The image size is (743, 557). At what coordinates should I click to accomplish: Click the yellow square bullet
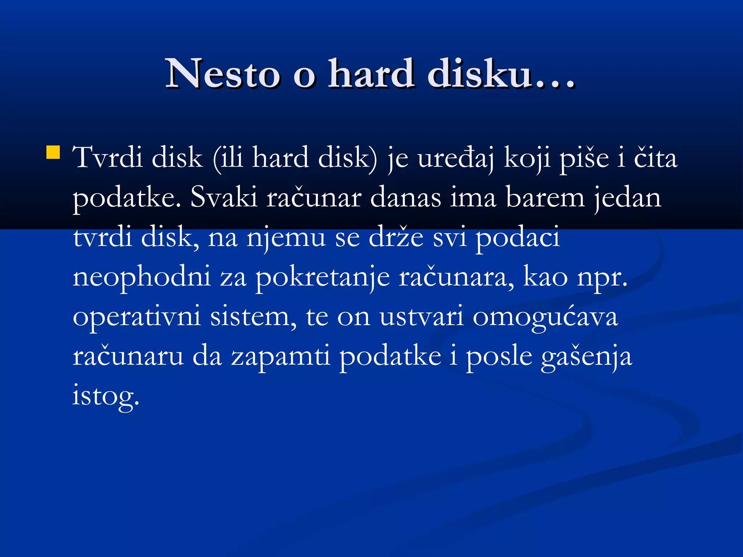pyautogui.click(x=53, y=152)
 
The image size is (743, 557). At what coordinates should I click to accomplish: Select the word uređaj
pyautogui.click(x=456, y=159)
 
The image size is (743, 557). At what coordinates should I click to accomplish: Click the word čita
pyautogui.click(x=655, y=158)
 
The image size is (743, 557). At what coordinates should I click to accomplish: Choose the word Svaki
pyautogui.click(x=224, y=198)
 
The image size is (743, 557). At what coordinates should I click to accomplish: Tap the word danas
pyautogui.click(x=406, y=198)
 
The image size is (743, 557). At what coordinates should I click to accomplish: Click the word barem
pyautogui.click(x=545, y=198)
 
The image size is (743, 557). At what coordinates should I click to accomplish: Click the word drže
pyautogui.click(x=396, y=238)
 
